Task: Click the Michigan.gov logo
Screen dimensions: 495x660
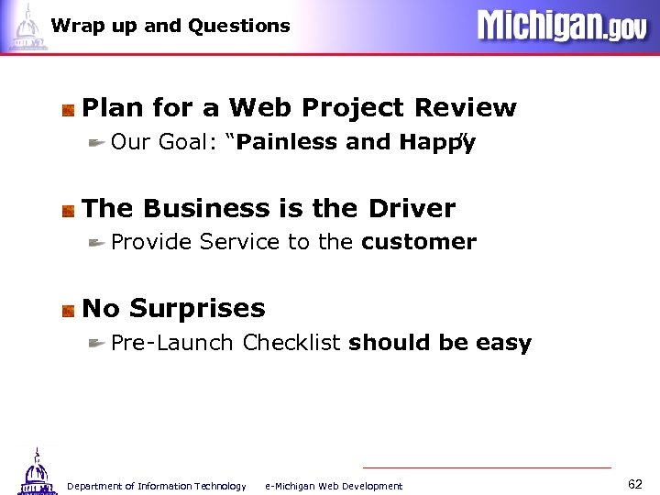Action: point(561,25)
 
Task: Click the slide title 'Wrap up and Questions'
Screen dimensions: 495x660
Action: point(170,26)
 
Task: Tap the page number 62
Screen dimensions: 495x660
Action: point(636,483)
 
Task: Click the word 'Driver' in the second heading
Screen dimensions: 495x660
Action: point(412,209)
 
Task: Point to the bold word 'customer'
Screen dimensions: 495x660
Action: point(419,242)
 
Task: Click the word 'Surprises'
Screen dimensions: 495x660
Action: point(197,308)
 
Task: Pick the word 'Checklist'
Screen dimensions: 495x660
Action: point(291,343)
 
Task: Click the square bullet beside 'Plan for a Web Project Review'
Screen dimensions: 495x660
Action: point(69,110)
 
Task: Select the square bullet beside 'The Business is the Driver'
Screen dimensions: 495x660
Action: point(69,210)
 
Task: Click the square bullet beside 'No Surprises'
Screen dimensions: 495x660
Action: point(69,310)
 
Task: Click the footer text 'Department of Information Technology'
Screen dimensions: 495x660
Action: point(157,486)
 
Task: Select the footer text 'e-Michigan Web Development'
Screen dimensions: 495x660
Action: point(334,486)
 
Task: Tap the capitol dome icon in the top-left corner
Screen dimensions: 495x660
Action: point(26,27)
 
